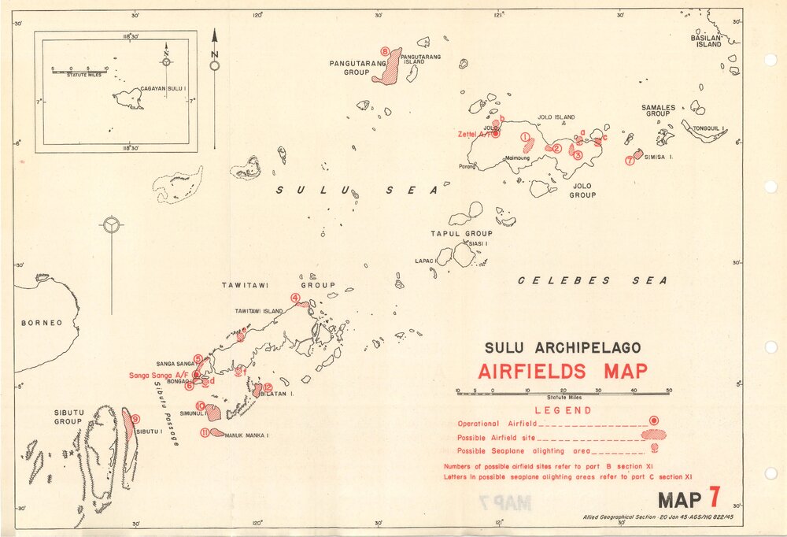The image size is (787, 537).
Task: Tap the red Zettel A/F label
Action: (475, 134)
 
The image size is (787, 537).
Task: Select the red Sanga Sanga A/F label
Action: (158, 375)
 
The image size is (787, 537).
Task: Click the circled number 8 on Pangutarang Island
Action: (384, 52)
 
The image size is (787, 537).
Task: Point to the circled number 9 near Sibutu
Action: (135, 419)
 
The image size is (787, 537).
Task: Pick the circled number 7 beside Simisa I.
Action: (629, 161)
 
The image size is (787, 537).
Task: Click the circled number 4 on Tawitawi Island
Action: (294, 298)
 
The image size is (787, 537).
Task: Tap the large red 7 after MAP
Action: (714, 498)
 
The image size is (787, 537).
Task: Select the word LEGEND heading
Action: (563, 410)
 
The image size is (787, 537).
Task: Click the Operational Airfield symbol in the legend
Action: (653, 421)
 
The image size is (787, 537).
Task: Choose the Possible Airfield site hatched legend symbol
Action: (653, 435)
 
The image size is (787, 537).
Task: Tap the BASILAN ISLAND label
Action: (706, 41)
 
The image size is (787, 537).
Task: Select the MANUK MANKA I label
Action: (247, 435)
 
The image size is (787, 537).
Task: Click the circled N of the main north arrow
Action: (214, 66)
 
